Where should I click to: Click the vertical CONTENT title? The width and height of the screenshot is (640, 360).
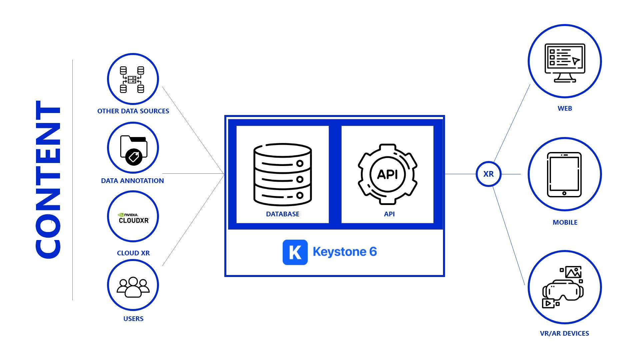pos(48,179)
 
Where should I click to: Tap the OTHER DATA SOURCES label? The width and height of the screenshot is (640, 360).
pos(133,111)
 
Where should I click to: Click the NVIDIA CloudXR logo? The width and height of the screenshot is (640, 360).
pos(133,218)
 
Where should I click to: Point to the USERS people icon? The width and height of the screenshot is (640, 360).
pos(133,287)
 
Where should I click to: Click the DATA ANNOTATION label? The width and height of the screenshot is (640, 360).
pos(132,181)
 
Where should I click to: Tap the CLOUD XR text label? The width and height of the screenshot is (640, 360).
pos(133,253)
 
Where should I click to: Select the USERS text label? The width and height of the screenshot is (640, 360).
pos(133,319)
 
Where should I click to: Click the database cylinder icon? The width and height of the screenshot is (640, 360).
pos(283,174)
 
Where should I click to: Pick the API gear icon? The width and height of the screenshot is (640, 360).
pos(388,174)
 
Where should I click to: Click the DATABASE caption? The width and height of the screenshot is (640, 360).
pos(283,214)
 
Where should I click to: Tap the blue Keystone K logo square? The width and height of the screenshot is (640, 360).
pos(295,252)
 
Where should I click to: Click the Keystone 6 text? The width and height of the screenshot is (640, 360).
pos(345,252)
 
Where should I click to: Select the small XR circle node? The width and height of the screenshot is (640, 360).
pos(488,174)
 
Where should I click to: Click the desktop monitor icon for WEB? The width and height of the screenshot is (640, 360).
pos(565,63)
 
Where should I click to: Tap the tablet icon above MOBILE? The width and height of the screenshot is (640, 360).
pos(564,175)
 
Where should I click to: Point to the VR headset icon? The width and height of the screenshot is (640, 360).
pos(563,287)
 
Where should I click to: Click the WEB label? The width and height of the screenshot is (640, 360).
pos(565,108)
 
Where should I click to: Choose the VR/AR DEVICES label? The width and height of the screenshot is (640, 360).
pos(564,333)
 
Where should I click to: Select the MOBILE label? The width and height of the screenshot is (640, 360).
pos(565,222)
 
